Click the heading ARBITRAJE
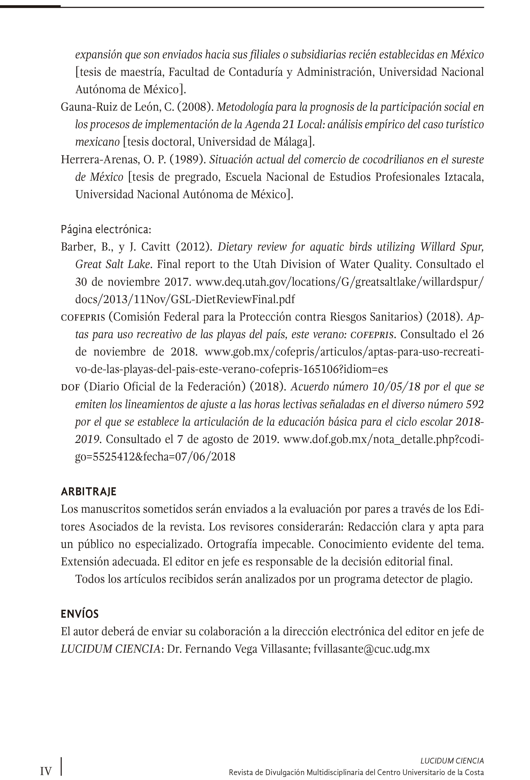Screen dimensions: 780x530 88,492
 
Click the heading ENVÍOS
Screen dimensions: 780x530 80,614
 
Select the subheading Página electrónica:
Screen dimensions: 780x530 106,229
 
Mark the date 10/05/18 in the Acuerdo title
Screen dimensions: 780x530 396,387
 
